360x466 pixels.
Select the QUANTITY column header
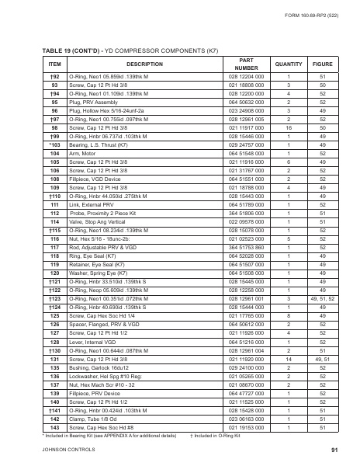pos(288,64)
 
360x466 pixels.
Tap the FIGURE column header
pos(322,64)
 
